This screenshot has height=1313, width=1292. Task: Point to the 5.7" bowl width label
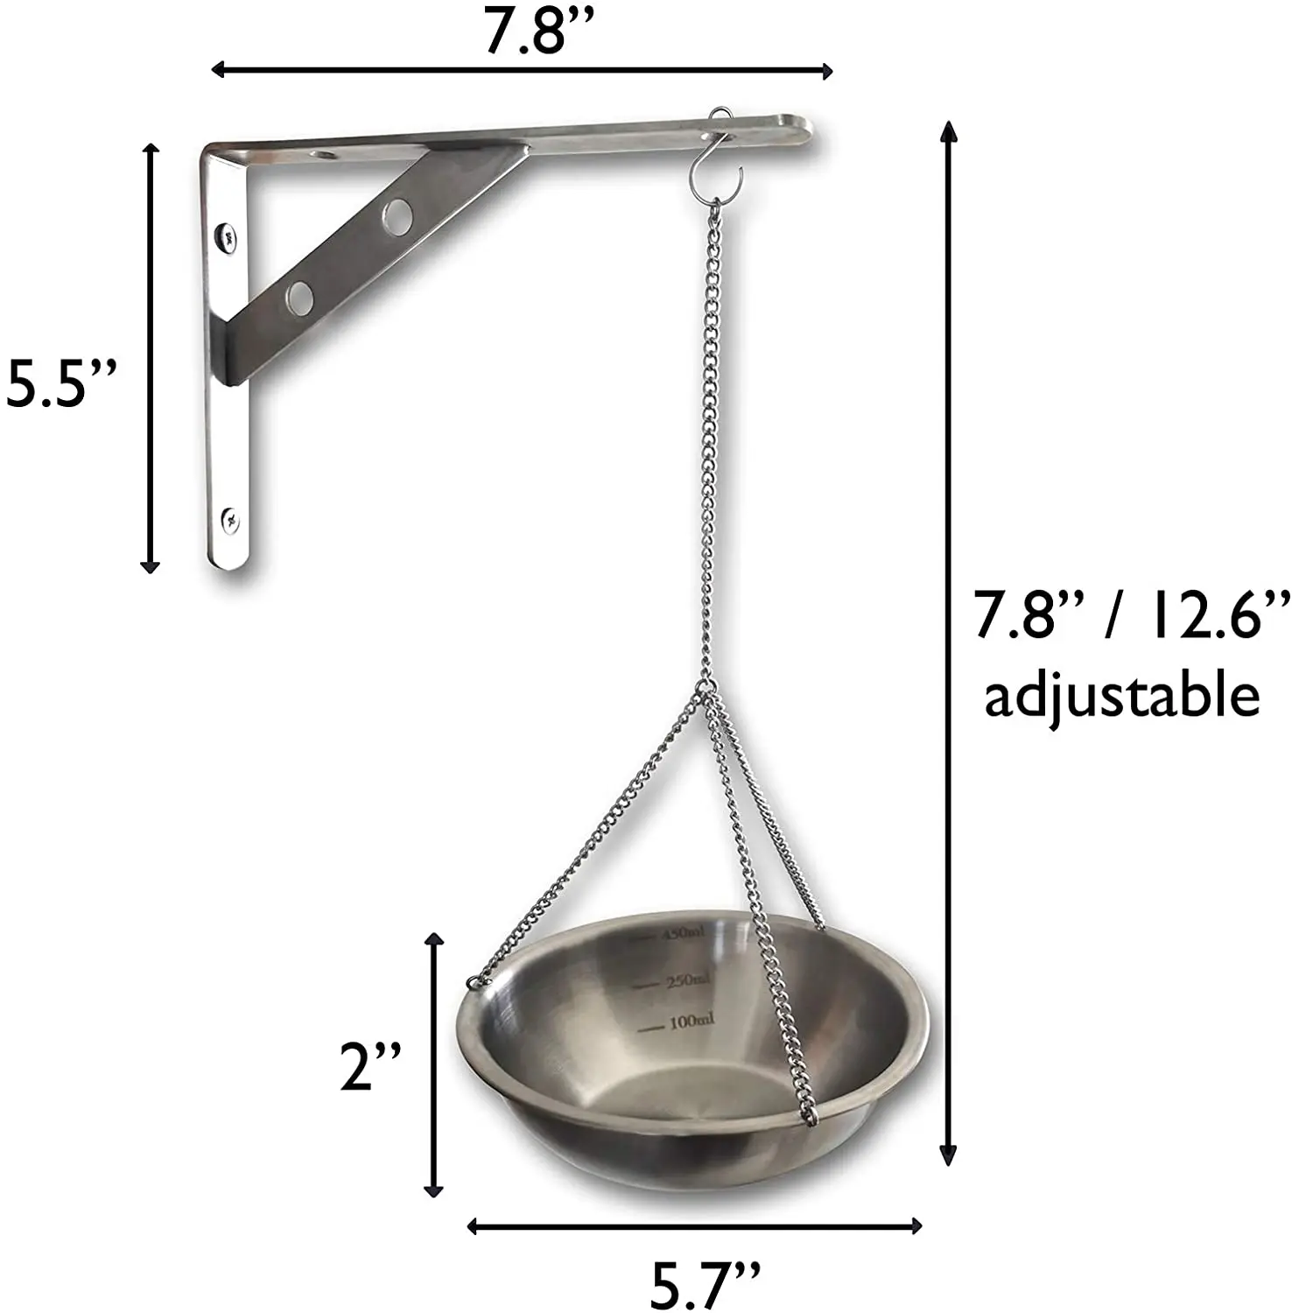704,1283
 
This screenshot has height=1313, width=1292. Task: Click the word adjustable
1122,698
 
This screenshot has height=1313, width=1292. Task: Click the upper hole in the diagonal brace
397,216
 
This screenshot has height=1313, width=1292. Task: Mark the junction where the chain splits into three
706,687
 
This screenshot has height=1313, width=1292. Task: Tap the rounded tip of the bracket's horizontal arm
801,130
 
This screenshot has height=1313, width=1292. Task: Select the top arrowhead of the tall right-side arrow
948,131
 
